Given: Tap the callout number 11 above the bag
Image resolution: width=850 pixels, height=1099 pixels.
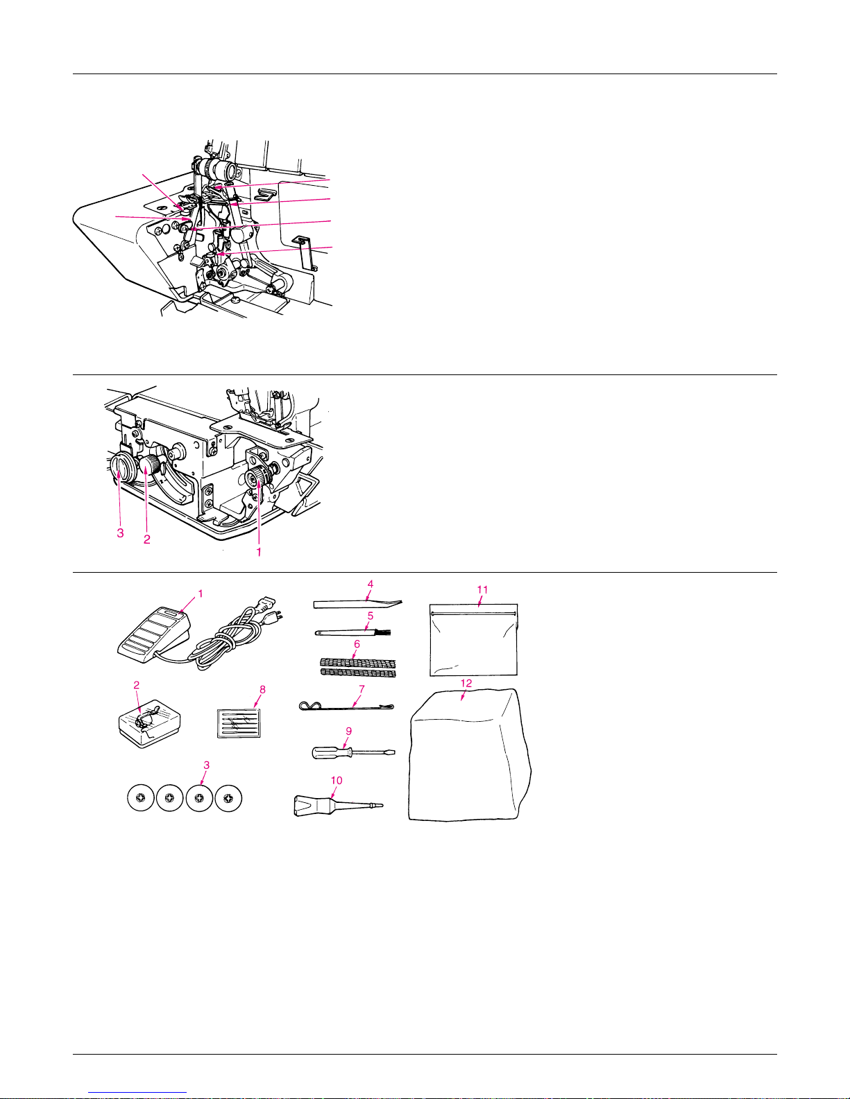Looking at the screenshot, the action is point(482,589).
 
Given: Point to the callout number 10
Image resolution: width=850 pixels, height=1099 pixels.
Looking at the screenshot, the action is point(337,780).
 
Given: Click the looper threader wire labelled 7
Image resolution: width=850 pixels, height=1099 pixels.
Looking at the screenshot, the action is point(346,707).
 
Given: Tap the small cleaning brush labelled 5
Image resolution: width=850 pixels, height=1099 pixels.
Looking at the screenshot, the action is point(353,632).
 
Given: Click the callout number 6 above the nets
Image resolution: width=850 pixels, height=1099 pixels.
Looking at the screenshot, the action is point(357,644).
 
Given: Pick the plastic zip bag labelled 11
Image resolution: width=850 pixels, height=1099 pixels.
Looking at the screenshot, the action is point(473,640).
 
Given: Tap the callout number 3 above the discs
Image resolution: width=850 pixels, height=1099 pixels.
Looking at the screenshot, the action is point(207,765).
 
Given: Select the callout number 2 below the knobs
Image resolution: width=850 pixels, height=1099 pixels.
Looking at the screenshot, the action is point(146,539).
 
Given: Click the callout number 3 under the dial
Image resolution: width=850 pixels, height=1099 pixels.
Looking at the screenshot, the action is point(121,533).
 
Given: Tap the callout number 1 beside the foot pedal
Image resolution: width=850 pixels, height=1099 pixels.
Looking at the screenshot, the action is point(201,594).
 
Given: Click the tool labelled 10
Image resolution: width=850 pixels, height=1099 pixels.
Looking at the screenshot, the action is point(338,804).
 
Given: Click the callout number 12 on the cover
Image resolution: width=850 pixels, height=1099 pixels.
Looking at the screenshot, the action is point(466,683).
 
